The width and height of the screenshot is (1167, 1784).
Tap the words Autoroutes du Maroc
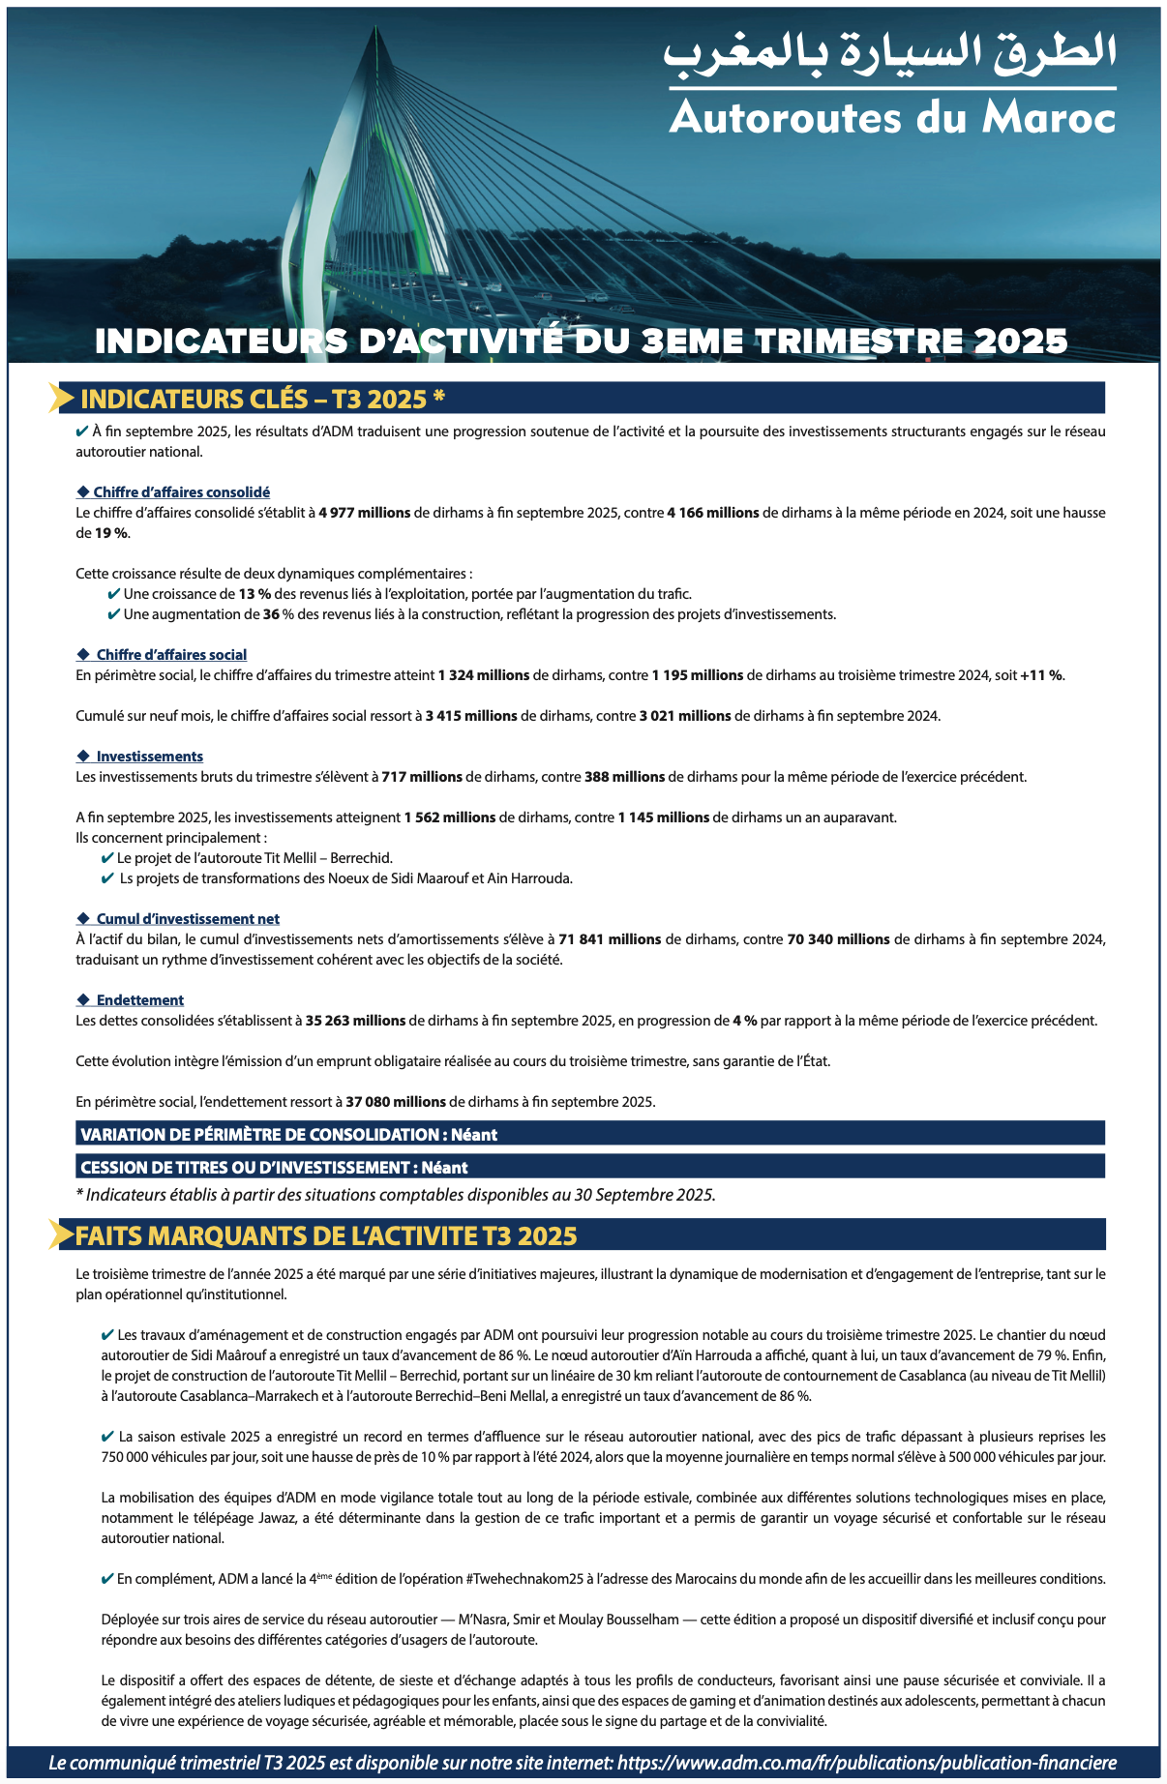coord(892,117)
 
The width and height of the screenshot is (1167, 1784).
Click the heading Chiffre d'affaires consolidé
coord(181,492)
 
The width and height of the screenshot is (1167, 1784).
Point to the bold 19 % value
coord(110,533)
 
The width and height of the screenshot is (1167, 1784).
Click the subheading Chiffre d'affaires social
coord(171,655)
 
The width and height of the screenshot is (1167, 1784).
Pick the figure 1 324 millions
coord(483,675)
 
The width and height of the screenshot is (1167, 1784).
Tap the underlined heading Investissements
coord(149,757)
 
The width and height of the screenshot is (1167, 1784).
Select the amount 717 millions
coord(421,777)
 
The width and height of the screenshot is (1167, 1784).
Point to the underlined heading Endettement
coord(139,1000)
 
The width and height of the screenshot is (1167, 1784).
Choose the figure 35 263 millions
coord(355,1021)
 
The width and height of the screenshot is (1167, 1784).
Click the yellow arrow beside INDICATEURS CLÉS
coord(62,398)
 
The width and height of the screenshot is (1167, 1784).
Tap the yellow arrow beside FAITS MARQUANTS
coord(62,1235)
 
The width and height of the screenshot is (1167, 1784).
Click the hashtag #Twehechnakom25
coord(524,1579)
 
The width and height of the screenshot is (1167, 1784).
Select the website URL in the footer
coord(866,1763)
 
